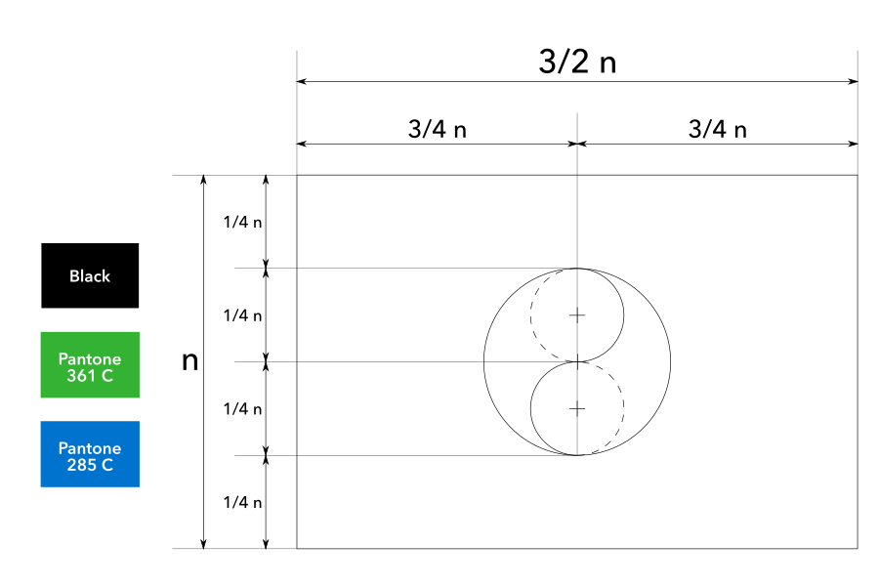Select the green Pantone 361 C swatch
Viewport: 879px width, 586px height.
tap(90, 364)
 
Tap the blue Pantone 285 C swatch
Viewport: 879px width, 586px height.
tap(90, 454)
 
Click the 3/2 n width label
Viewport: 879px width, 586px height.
tap(577, 63)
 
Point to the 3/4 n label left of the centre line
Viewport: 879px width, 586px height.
tap(438, 129)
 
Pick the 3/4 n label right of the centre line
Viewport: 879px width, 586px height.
tap(718, 129)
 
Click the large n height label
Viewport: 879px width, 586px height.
tap(190, 361)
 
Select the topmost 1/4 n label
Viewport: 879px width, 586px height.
tap(243, 222)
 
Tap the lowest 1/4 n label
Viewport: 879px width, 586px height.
tap(243, 502)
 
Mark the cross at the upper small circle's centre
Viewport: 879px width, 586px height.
tap(577, 314)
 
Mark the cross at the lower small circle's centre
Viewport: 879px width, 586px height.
tap(577, 408)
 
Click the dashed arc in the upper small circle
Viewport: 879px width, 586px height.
tap(531, 314)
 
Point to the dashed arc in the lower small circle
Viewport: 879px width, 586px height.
tap(623, 408)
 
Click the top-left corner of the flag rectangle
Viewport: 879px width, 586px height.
tap(297, 176)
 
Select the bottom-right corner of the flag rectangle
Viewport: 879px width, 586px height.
tap(858, 549)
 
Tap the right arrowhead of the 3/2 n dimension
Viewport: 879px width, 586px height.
tap(853, 81)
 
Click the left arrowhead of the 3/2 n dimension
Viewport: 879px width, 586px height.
tap(302, 81)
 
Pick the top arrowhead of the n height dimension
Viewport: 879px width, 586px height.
tap(203, 181)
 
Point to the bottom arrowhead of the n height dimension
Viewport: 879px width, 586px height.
tap(203, 544)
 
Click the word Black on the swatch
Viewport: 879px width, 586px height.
tap(90, 276)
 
